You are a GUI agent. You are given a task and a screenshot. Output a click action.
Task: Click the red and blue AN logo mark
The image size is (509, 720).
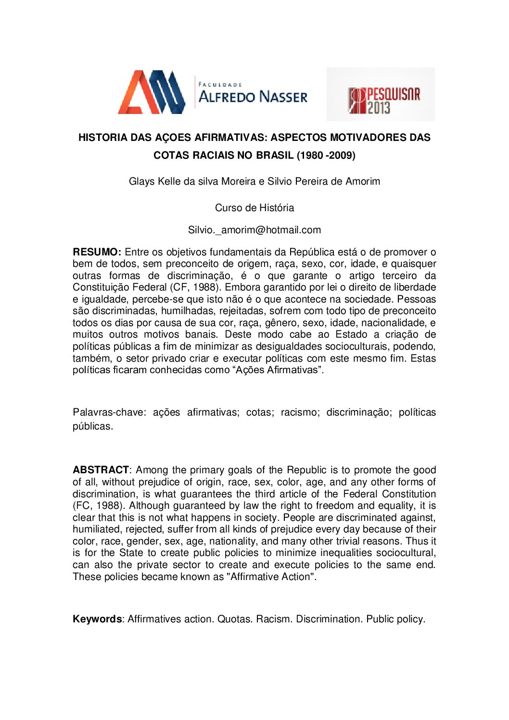pos(152,92)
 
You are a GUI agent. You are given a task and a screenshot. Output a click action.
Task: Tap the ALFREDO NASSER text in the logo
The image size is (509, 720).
pos(253,97)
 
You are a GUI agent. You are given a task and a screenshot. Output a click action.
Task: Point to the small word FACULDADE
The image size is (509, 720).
pos(220,85)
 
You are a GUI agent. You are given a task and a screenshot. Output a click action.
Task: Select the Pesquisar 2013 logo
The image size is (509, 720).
pos(381,95)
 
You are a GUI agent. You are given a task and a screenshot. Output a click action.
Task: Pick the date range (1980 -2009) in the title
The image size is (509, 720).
pos(326,155)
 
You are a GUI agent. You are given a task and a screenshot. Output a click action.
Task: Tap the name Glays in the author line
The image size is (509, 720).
pos(142,181)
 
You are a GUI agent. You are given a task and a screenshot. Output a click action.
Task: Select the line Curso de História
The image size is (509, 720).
pos(254,208)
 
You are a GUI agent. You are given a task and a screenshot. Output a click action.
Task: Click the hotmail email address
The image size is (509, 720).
pos(254,230)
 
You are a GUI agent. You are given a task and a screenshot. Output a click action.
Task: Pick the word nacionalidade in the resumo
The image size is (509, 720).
pos(394,323)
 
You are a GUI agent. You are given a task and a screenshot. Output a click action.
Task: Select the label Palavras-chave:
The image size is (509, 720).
pos(109,412)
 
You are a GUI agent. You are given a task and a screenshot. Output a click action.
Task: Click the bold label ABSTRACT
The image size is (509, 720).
pos(101,470)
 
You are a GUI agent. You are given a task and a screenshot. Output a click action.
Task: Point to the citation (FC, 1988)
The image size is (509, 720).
pos(98,505)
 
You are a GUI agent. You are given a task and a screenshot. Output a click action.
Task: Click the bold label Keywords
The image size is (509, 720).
pos(97,619)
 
